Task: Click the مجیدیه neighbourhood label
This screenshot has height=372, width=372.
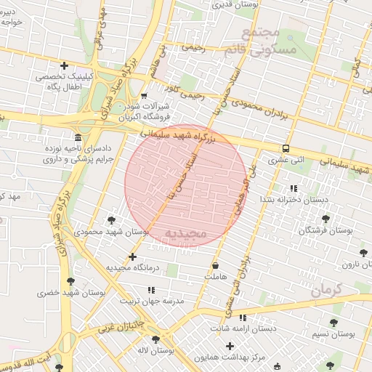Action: point(187,232)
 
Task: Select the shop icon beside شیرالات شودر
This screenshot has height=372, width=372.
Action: point(144,96)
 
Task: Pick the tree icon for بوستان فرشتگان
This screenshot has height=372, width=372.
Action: point(325,219)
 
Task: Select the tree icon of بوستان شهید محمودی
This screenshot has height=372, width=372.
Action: point(112,219)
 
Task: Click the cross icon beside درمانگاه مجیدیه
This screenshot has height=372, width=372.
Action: point(132,256)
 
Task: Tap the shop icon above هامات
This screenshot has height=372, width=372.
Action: point(216,265)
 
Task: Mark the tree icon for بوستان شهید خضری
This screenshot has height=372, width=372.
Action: point(70,281)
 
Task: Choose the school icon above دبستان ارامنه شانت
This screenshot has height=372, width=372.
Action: point(243,318)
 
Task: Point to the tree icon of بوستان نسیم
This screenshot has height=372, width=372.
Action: point(333,323)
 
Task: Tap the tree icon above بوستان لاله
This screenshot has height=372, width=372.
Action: point(155,339)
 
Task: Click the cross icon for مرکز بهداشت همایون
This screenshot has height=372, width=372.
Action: point(230,346)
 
